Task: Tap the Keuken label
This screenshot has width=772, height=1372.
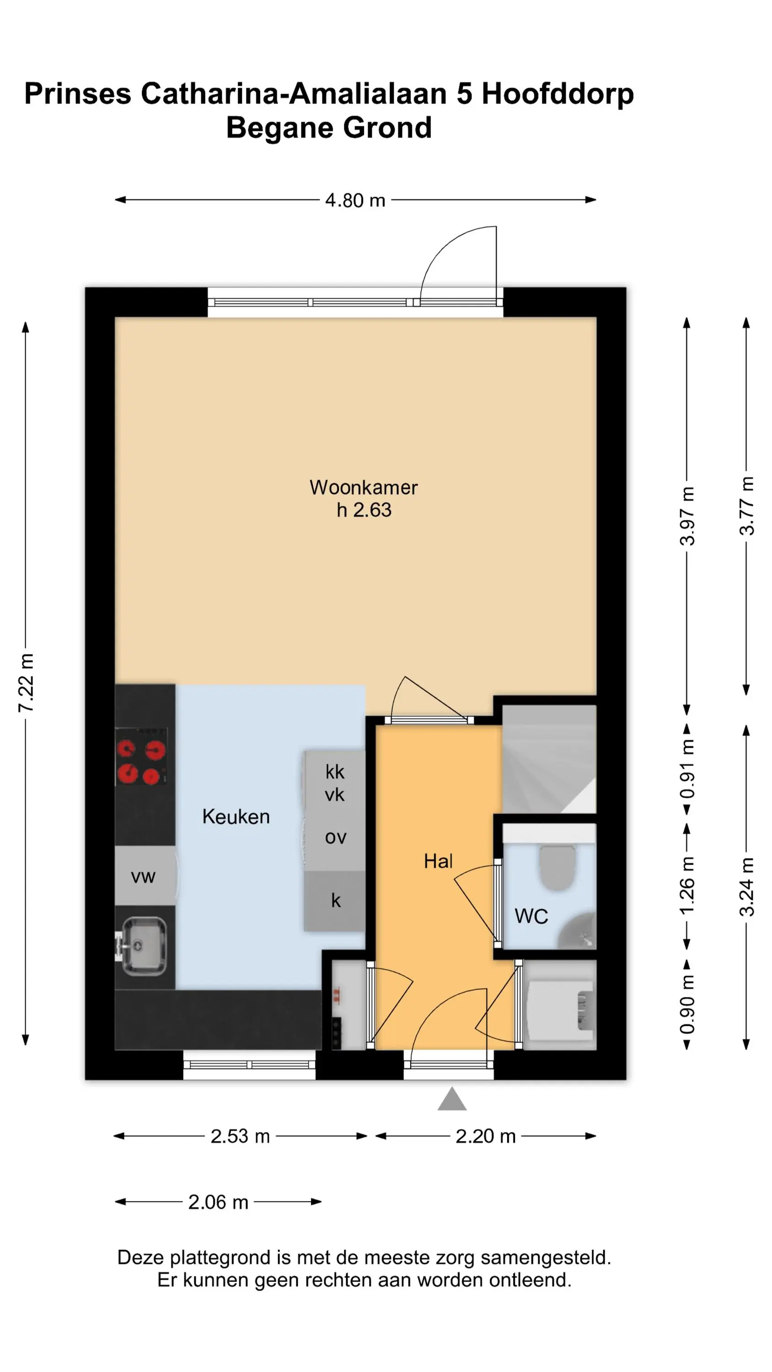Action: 236,816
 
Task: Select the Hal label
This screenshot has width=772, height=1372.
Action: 438,861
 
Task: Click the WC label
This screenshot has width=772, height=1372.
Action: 531,916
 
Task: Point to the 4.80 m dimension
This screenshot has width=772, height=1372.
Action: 355,200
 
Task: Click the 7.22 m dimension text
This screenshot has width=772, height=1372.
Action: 26,683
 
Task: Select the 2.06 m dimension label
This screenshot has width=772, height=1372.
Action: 219,1202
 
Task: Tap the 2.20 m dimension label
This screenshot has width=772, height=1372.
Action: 485,1136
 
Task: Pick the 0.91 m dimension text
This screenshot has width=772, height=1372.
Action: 687,769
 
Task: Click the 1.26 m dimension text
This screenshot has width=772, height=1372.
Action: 687,886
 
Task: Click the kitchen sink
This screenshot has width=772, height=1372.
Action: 143,946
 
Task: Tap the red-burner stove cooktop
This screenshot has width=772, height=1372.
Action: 142,756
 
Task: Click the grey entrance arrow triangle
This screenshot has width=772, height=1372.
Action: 452,1099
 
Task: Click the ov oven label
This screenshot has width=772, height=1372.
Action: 336,837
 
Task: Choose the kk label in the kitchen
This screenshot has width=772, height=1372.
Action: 335,772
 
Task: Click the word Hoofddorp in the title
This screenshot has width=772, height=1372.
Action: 558,94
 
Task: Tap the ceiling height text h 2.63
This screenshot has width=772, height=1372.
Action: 364,510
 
